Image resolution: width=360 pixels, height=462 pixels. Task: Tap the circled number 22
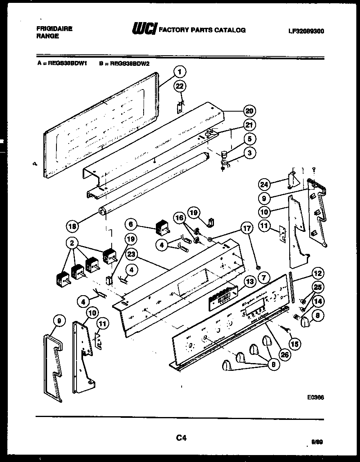pos(180,85)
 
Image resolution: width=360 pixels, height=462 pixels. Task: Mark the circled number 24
pos(265,184)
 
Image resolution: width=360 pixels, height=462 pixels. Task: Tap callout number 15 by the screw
pos(294,344)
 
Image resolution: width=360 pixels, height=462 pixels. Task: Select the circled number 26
pos(284,354)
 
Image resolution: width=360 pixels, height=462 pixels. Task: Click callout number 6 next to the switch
pos(131,224)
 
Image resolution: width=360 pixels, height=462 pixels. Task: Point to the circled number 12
pos(317,274)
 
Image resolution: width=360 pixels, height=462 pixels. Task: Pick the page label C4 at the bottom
pos(181,438)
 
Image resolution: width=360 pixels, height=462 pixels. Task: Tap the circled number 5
pos(248,139)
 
